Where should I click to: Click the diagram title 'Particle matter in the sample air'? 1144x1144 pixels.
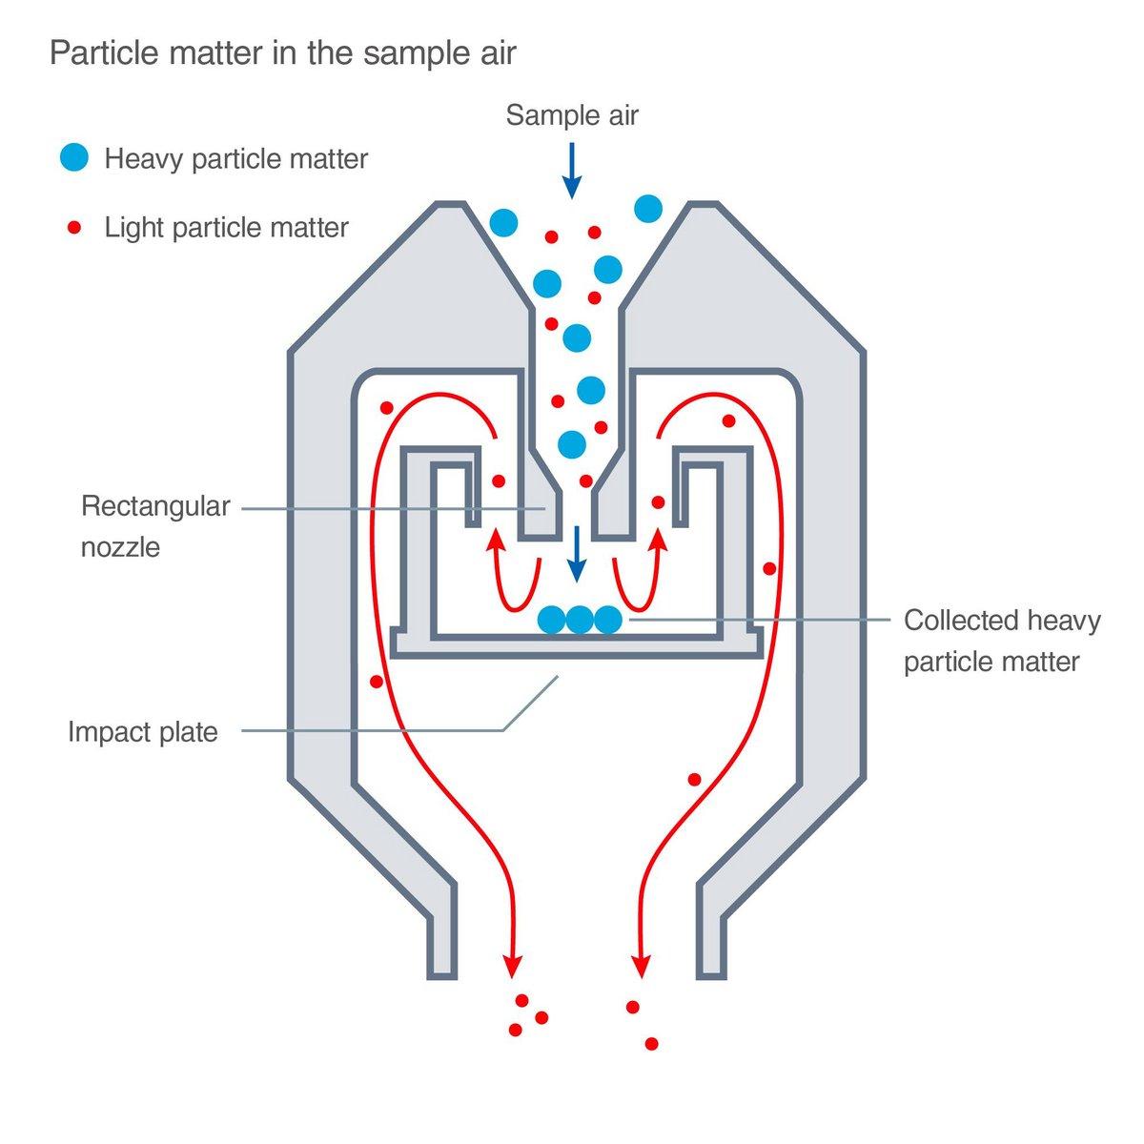pyautogui.click(x=282, y=52)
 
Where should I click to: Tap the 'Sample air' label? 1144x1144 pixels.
pyautogui.click(x=572, y=115)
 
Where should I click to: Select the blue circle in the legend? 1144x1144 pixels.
pyautogui.click(x=73, y=157)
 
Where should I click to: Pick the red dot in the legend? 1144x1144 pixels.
pyautogui.click(x=73, y=228)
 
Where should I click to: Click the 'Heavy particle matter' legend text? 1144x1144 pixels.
pyautogui.click(x=235, y=158)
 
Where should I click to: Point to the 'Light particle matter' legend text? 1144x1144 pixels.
pyautogui.click(x=226, y=228)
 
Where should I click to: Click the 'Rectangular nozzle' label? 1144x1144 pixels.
pyautogui.click(x=155, y=525)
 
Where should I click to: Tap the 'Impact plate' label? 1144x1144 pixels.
pyautogui.click(x=143, y=732)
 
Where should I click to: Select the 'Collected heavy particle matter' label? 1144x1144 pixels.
pyautogui.click(x=1001, y=640)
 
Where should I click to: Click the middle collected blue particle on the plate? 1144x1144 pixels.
pyautogui.click(x=580, y=621)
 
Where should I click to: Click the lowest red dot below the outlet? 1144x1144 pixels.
pyautogui.click(x=651, y=1044)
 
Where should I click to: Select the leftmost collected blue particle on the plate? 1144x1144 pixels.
pyautogui.click(x=551, y=621)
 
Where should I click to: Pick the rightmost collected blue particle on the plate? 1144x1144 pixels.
pyautogui.click(x=608, y=621)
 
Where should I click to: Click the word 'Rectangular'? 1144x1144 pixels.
pyautogui.click(x=155, y=505)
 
